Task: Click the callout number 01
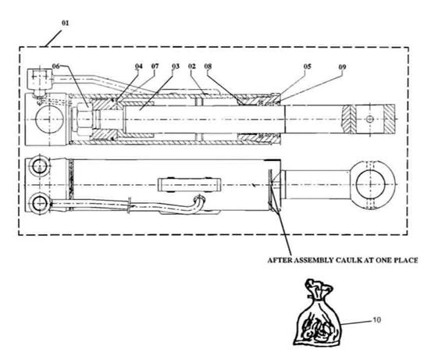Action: click(65, 23)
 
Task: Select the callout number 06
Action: click(55, 66)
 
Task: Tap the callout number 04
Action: click(139, 66)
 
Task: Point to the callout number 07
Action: click(155, 66)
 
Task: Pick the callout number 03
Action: click(176, 66)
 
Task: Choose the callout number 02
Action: click(192, 66)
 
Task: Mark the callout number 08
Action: click(208, 66)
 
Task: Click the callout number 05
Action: click(308, 66)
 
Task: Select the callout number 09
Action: click(342, 67)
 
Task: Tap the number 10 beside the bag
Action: click(377, 320)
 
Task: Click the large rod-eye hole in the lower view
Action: click(369, 184)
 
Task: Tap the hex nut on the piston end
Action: click(83, 119)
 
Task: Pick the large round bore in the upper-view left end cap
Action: click(49, 119)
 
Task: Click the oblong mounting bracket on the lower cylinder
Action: click(190, 184)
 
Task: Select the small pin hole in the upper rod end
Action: click(370, 119)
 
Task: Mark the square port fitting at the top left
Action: click(40, 79)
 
